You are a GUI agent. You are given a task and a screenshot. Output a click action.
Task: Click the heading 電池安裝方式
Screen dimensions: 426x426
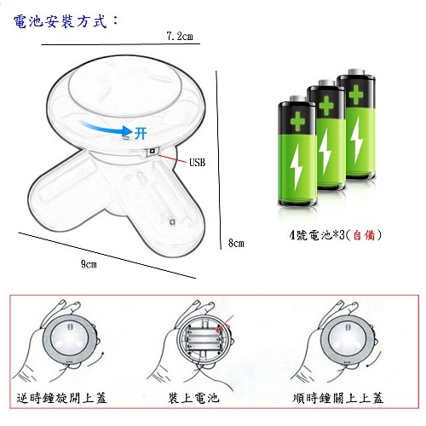[x=60, y=21]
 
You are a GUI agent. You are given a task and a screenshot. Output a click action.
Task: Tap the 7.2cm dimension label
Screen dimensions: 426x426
[x=180, y=36]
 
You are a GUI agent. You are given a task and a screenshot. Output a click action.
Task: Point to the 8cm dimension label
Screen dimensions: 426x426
[x=236, y=243]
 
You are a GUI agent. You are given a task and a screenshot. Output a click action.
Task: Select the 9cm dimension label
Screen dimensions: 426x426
[x=89, y=264]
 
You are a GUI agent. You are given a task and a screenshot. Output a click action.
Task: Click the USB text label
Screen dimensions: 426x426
[x=197, y=162]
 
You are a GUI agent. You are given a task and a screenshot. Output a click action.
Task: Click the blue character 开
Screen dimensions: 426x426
[x=141, y=133]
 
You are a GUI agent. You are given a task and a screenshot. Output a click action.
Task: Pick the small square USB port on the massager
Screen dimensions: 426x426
[x=153, y=151]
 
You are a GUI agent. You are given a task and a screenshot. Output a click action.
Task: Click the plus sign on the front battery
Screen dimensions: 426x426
[x=297, y=122]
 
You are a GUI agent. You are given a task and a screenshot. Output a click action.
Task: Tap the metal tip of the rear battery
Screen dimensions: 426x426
[x=356, y=72]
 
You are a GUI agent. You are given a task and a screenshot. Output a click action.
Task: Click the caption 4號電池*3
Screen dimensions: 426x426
[x=317, y=235]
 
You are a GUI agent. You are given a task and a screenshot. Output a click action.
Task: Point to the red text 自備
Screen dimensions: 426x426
[x=364, y=235]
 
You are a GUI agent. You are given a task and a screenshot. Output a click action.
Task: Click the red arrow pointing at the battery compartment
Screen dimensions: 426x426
[x=224, y=323]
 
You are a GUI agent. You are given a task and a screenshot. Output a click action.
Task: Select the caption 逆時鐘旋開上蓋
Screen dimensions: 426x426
[x=61, y=398]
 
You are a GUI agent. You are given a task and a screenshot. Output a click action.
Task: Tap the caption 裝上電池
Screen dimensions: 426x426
[x=193, y=398]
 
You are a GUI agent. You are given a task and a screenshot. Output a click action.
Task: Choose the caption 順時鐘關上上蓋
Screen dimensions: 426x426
[x=338, y=398]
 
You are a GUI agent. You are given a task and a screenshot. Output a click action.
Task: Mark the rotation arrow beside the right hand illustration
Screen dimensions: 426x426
[x=376, y=360]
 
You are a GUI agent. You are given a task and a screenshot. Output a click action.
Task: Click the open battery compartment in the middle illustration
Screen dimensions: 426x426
[x=203, y=339]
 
